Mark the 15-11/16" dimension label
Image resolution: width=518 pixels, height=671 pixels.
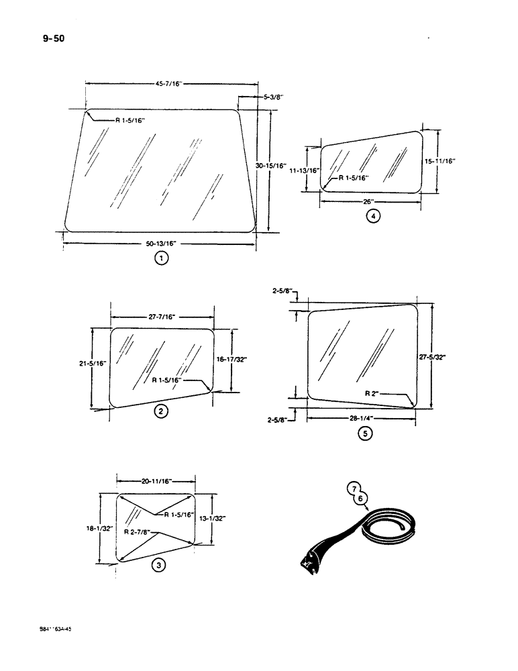(441, 161)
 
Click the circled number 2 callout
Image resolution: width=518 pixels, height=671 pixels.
(161, 411)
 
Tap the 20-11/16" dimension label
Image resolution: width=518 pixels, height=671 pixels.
(156, 480)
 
